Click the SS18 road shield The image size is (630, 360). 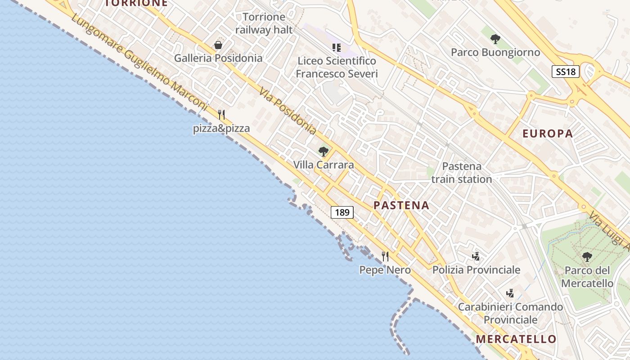click(565, 71)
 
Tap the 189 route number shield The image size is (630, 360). click(342, 212)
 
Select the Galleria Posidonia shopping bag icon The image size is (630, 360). click(218, 45)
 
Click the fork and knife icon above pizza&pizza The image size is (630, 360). click(221, 115)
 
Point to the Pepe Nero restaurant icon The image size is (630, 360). click(385, 256)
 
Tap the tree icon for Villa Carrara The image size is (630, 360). click(323, 152)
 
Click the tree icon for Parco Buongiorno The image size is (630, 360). click(495, 39)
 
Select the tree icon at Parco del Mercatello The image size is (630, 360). click(587, 257)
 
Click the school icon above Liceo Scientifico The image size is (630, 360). click(336, 47)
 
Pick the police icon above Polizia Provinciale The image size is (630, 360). click(476, 256)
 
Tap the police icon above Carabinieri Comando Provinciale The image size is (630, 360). click(510, 293)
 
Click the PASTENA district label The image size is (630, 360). click(401, 206)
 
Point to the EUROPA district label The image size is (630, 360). click(548, 134)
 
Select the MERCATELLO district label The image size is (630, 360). click(516, 339)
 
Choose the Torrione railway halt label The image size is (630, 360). click(264, 23)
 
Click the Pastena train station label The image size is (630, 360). click(462, 173)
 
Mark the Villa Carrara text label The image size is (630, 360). click(324, 165)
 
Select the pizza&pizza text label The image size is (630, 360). click(221, 129)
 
